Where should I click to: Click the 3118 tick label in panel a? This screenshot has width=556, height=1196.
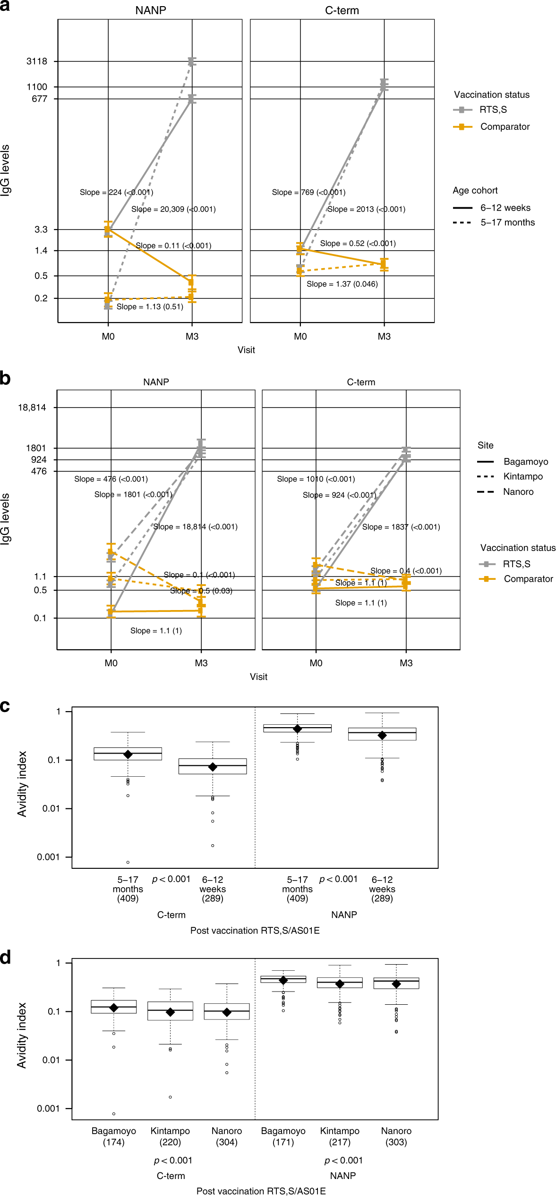(x=37, y=61)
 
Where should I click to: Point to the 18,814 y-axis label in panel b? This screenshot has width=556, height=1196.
(x=32, y=407)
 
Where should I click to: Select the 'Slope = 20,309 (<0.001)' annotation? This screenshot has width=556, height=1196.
(x=173, y=209)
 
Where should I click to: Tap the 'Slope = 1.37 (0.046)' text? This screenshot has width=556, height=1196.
(x=342, y=284)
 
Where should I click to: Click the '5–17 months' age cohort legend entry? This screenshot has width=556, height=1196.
(x=507, y=222)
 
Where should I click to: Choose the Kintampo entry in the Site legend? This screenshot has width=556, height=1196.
(x=522, y=476)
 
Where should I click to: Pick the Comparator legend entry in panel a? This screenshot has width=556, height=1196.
(x=505, y=127)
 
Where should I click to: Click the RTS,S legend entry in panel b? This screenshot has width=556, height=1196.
(x=516, y=564)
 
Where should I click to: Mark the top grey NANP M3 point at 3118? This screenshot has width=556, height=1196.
(x=192, y=61)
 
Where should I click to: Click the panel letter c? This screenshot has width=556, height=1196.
(x=5, y=706)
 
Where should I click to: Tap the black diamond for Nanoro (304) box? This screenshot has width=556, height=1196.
(x=227, y=1012)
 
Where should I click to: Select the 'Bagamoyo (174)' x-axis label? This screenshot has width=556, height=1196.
(x=113, y=1137)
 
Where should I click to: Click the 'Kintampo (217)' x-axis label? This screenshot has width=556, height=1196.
(x=340, y=1137)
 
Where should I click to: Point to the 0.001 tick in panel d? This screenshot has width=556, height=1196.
(x=48, y=1108)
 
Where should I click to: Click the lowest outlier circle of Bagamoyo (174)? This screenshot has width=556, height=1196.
(x=114, y=1114)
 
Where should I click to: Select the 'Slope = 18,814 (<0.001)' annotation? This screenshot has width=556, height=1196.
(x=195, y=527)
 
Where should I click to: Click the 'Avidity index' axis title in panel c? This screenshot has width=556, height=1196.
(x=22, y=784)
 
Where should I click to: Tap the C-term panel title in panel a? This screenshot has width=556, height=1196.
(x=342, y=10)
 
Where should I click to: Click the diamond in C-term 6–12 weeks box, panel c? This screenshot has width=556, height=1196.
(x=213, y=767)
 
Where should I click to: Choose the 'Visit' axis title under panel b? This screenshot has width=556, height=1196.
(x=258, y=677)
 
